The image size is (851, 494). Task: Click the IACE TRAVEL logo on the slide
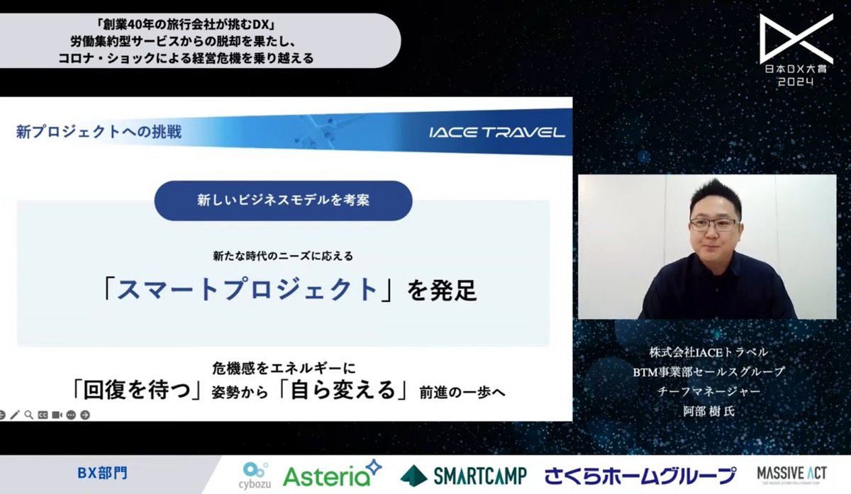coord(496,132)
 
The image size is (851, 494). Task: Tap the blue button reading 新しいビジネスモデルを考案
coord(283,201)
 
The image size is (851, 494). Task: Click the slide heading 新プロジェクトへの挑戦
coord(99,132)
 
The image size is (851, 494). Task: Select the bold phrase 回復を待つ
coord(134,391)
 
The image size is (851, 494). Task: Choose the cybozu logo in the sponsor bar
coord(255,473)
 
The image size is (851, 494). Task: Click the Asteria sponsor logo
coord(331,473)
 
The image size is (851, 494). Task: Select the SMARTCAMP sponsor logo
coord(462,473)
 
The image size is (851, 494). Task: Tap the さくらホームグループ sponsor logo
coord(640,474)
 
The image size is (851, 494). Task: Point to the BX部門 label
coord(104,472)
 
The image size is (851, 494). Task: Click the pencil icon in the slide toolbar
coord(15,415)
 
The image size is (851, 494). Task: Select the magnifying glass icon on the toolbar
coord(28,415)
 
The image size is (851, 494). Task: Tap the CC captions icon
coord(43,415)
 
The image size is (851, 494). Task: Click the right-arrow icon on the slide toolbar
coord(85,415)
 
